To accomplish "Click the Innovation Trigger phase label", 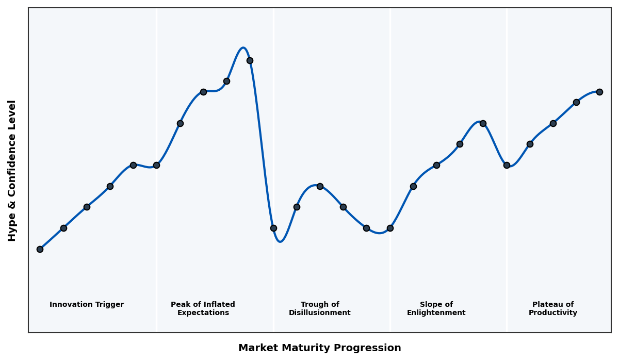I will [x=87, y=305].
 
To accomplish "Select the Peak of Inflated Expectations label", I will [x=203, y=308].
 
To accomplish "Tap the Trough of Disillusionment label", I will [x=319, y=308].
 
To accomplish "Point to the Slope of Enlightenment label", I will [x=436, y=308].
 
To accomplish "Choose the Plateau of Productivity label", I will [x=552, y=308].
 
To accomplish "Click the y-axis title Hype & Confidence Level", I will [x=12, y=170].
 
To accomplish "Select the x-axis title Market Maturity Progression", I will [x=319, y=348].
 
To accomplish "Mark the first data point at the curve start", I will [x=40, y=249].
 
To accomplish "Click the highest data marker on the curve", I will [x=250, y=60].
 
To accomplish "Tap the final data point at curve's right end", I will [x=599, y=92].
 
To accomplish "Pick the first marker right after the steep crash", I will [x=273, y=228].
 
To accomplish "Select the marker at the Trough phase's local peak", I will [x=320, y=186].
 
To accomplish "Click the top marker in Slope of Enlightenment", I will [x=483, y=123].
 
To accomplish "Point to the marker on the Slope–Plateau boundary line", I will [x=507, y=165].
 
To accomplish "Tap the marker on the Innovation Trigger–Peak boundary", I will [x=156, y=165].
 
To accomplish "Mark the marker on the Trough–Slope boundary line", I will [x=390, y=228].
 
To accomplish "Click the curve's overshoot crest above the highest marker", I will [x=243, y=48].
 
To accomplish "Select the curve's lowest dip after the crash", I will [x=280, y=241].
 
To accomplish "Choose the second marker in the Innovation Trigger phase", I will [x=63, y=228].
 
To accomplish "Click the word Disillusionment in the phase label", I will [x=319, y=313].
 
